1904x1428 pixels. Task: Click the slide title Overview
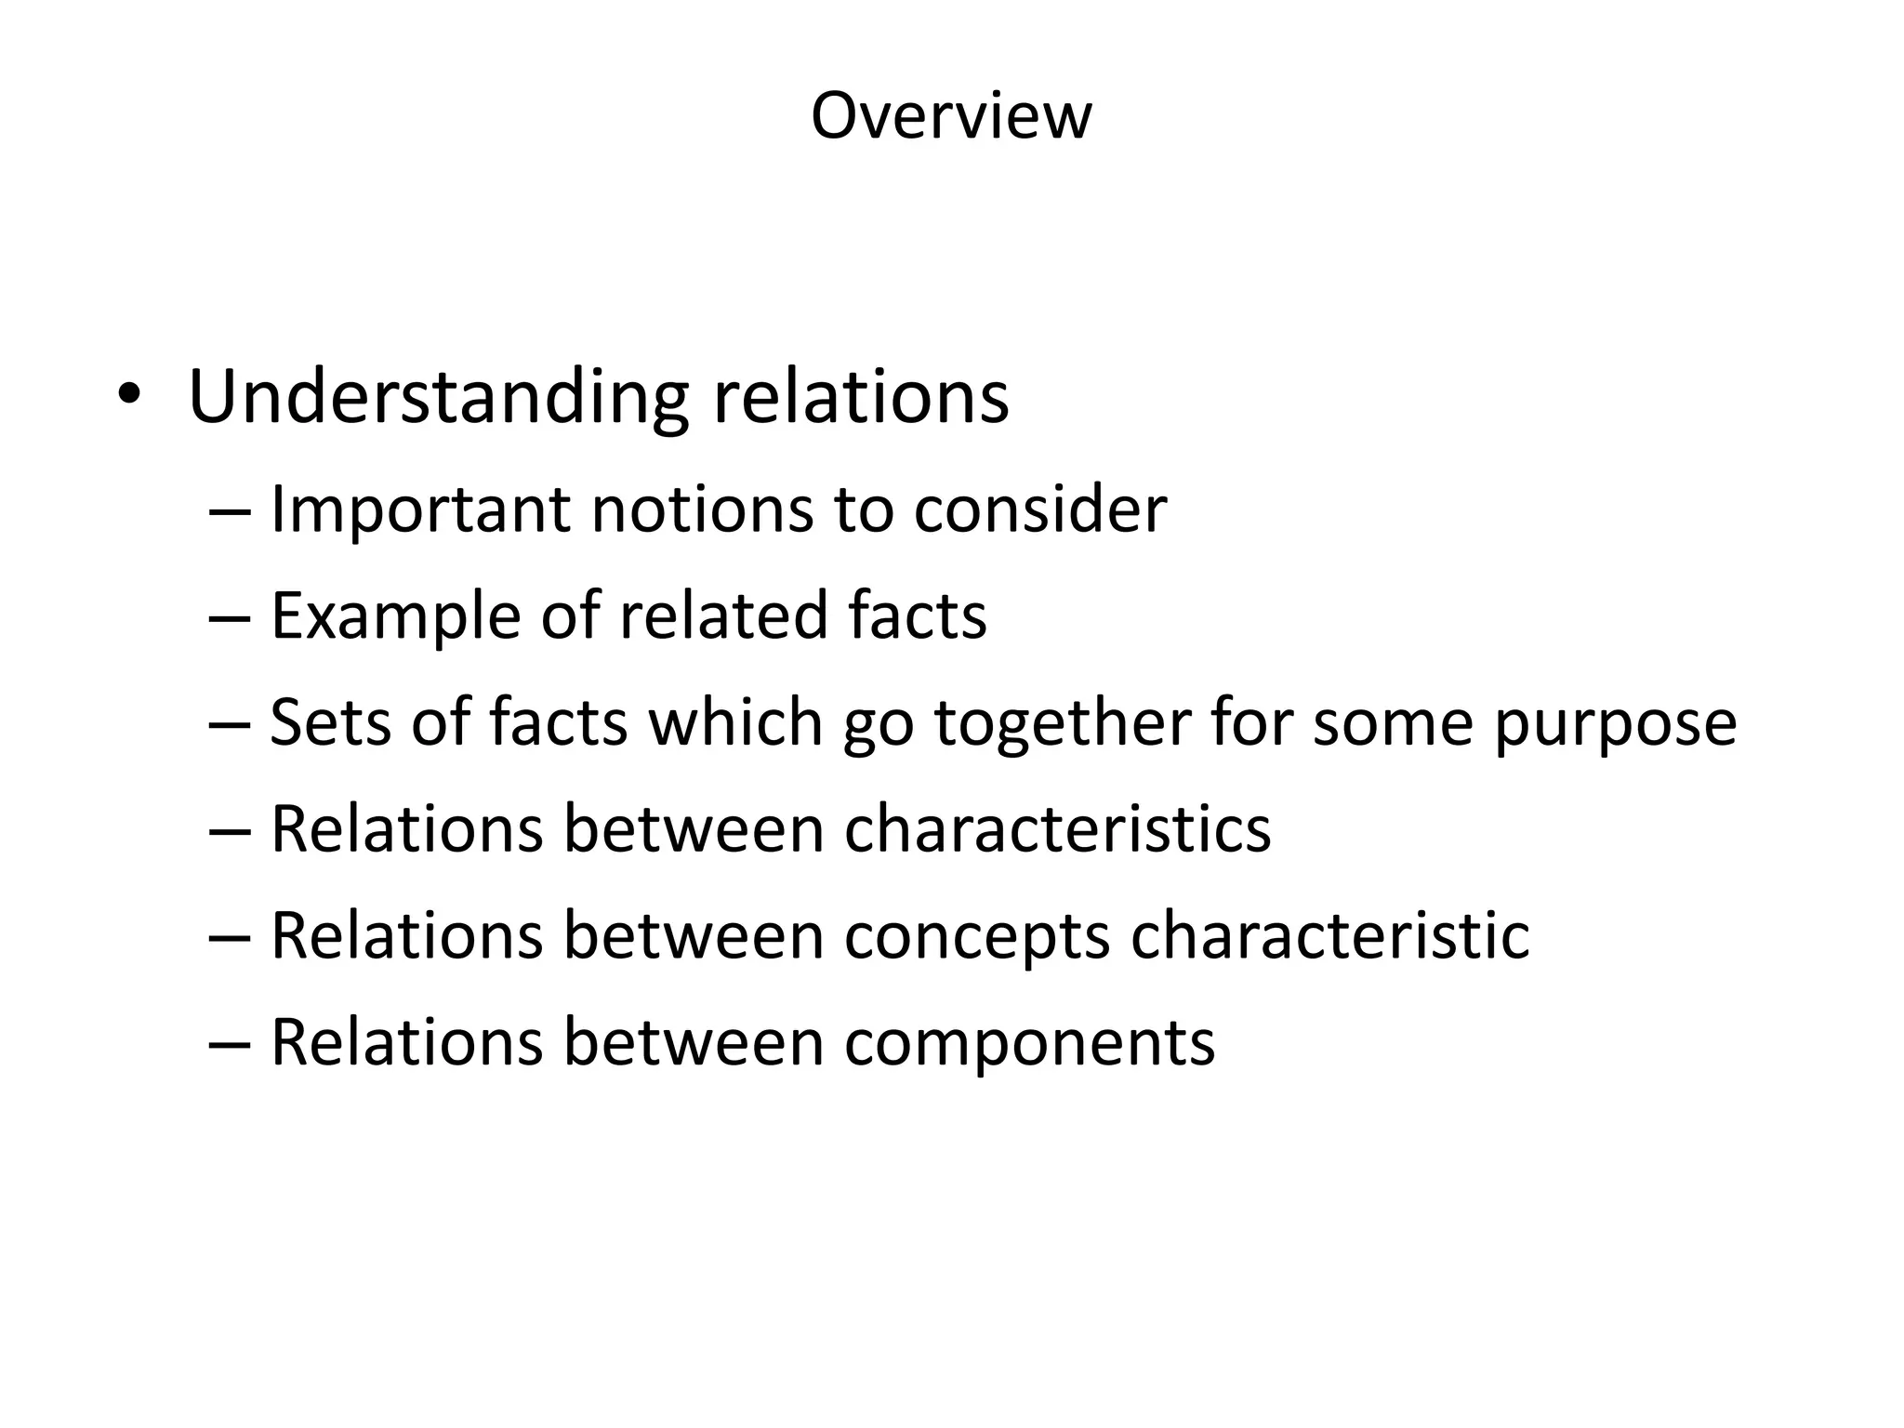951,116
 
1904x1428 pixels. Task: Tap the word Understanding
438,398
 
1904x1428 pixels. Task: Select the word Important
419,510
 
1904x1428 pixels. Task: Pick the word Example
395,617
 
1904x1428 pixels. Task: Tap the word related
722,615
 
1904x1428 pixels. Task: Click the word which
735,722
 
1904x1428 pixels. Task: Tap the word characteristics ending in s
1057,828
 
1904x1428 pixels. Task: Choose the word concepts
976,937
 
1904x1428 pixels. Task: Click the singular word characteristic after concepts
1329,935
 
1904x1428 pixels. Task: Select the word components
1029,1043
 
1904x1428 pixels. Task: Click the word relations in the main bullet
861,398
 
